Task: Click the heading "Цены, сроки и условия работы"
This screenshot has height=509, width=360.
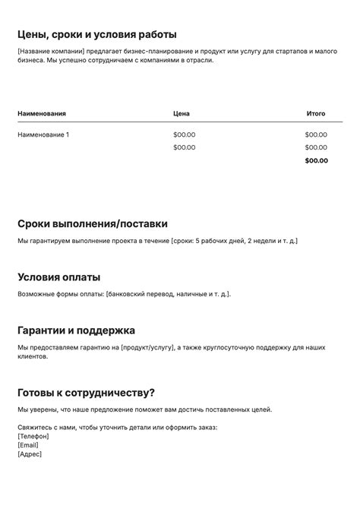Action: pos(97,34)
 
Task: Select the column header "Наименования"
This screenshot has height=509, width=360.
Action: pos(42,113)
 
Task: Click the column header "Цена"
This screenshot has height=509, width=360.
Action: pos(182,113)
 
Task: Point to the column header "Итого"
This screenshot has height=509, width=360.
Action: pos(316,113)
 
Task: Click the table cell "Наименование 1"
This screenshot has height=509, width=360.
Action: pos(43,134)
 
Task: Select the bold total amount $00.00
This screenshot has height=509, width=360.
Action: pos(316,160)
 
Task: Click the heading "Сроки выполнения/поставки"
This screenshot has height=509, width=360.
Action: pos(93,224)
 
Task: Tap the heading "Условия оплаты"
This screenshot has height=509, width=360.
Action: pos(58,277)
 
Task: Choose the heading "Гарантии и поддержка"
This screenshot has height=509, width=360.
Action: pos(76,330)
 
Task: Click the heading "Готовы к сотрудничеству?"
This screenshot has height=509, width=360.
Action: pos(86,393)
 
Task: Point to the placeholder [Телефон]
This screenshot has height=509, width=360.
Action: pos(33,436)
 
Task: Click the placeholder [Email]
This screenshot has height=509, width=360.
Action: pos(27,445)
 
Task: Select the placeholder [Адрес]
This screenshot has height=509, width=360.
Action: pos(30,454)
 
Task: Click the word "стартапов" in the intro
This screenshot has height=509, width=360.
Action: pos(278,51)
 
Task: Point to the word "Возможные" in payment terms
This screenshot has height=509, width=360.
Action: pos(37,294)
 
